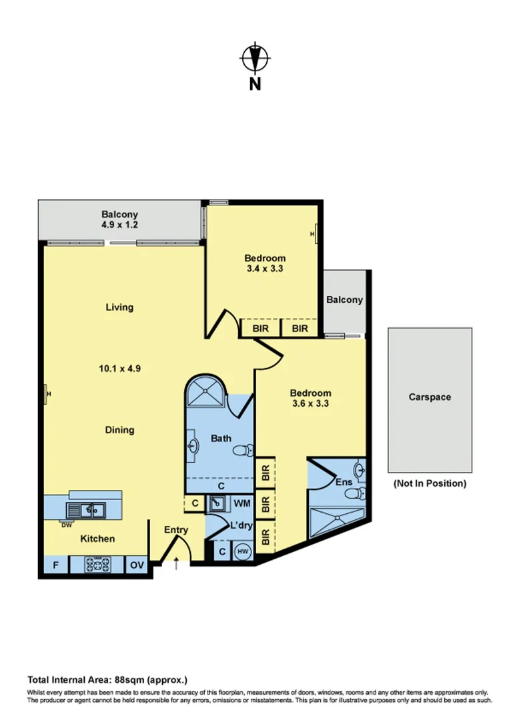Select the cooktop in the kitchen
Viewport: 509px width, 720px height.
pos(97,565)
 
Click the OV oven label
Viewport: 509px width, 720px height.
pos(137,565)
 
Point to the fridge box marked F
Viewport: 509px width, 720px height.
pos(56,565)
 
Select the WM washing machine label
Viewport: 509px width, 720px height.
pos(241,503)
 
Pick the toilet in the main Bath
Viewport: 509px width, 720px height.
pos(243,451)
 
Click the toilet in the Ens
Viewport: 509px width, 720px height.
pos(357,494)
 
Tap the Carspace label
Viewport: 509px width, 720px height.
pos(430,397)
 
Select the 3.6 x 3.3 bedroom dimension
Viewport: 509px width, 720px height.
pos(311,403)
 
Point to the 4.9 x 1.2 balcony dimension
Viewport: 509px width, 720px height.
pos(119,225)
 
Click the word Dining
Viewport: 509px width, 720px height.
pos(119,430)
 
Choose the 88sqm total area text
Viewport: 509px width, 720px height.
pos(107,681)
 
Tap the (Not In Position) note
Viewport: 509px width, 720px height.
pos(430,483)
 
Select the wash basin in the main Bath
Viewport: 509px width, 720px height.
pos(194,445)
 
